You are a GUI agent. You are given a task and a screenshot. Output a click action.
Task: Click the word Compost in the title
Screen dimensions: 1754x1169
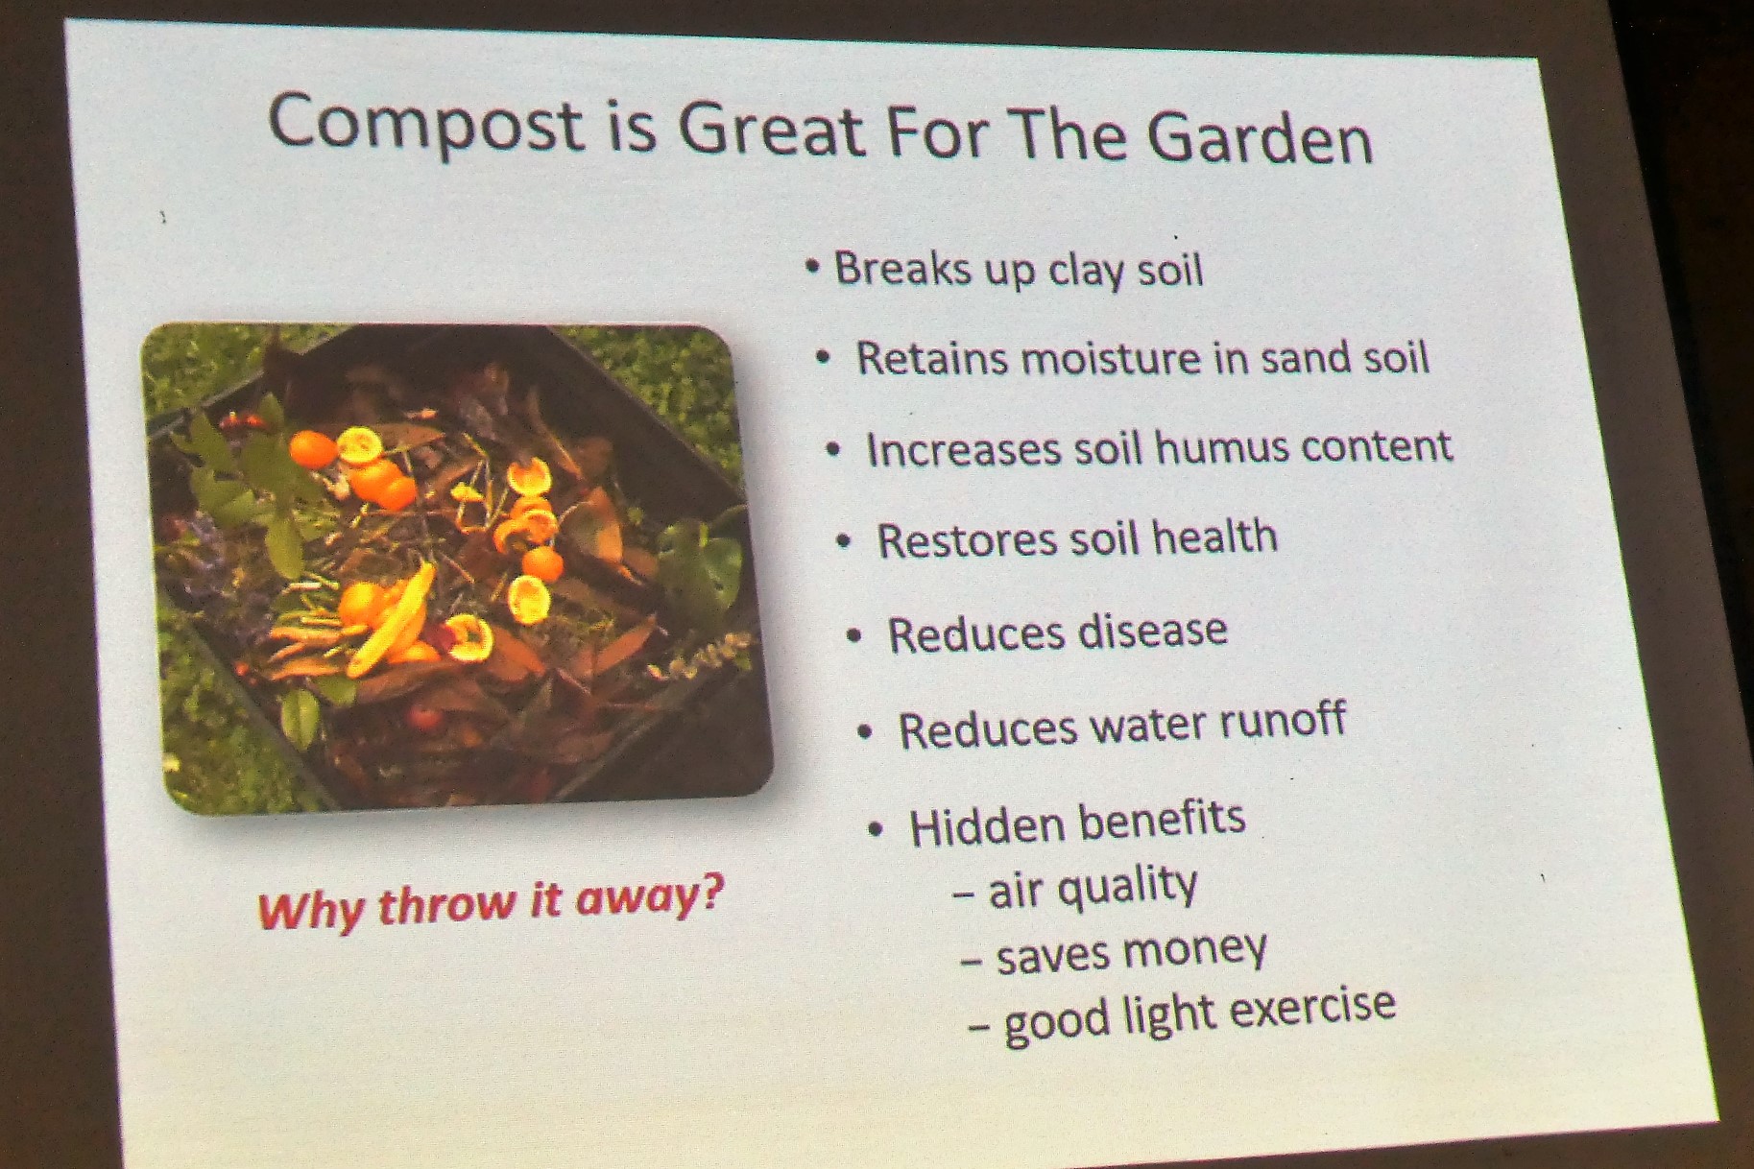pyautogui.click(x=425, y=124)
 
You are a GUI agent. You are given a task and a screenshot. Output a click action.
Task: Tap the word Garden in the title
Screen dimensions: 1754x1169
pyautogui.click(x=1261, y=138)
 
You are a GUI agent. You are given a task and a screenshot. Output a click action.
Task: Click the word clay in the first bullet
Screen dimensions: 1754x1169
pyautogui.click(x=1085, y=271)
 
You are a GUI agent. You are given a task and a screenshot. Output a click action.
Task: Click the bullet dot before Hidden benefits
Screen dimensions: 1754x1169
pyautogui.click(x=875, y=828)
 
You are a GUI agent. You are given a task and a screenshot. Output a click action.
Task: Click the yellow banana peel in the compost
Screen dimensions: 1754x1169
pyautogui.click(x=391, y=624)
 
